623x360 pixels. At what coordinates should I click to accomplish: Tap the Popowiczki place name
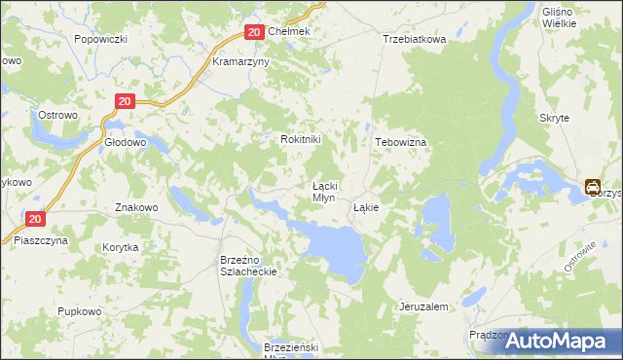101,40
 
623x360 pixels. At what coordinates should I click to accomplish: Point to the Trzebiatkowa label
414,40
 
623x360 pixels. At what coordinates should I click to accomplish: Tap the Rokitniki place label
300,139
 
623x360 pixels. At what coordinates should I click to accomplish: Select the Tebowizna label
401,141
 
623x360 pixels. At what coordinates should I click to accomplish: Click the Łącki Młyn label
323,191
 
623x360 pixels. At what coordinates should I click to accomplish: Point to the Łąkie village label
366,207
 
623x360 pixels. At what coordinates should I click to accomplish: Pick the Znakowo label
136,207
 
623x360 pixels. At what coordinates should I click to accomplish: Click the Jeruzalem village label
423,306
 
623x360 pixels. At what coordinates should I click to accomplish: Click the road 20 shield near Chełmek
253,32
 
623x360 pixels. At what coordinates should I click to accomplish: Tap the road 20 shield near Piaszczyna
35,220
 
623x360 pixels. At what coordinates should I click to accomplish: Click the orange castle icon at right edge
592,186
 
